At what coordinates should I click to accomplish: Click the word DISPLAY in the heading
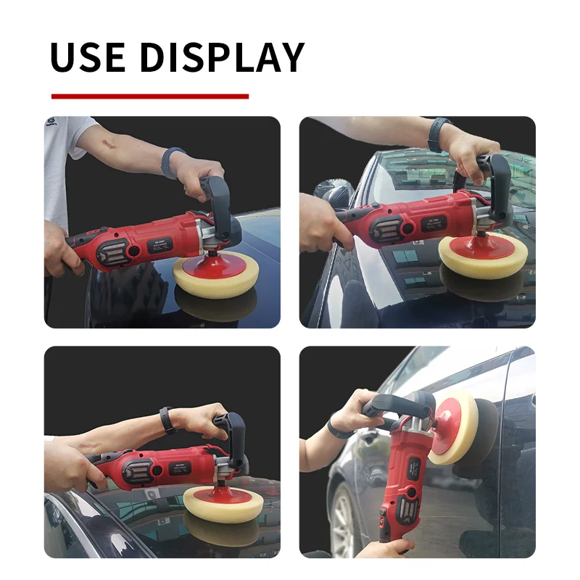pyautogui.click(x=222, y=57)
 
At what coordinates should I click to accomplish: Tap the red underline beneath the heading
pyautogui.click(x=150, y=96)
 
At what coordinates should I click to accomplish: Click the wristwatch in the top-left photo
pyautogui.click(x=171, y=162)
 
